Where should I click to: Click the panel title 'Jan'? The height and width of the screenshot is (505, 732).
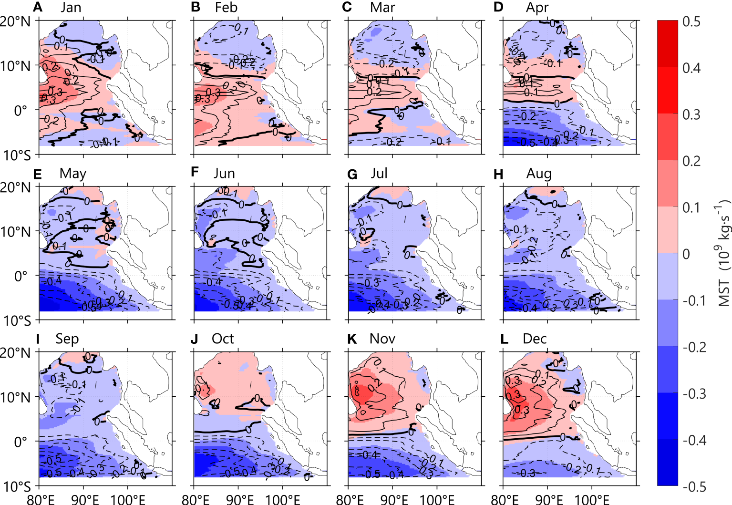coord(71,8)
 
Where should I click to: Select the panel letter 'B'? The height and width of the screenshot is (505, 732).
coord(195,8)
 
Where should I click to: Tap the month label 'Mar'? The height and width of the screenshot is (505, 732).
coord(382,8)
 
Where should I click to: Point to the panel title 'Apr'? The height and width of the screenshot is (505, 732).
coord(537,8)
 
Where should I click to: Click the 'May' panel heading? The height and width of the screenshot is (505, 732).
coord(72,173)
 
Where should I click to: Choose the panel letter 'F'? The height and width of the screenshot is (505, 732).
coord(195,173)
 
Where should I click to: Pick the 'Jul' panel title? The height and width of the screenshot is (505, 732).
coord(379,173)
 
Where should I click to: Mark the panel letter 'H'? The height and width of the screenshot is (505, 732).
coord(498,174)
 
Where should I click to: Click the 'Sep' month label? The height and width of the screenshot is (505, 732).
coord(67,339)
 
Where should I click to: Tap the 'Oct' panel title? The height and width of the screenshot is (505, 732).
coord(223,339)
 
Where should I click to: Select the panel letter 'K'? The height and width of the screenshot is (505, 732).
coord(352,339)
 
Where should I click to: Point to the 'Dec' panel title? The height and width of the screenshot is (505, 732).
coord(535,339)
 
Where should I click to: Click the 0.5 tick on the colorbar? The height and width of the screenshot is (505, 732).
coord(691,22)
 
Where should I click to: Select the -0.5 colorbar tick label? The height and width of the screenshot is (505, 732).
coord(694,487)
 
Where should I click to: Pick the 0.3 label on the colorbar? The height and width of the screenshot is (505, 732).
coord(691,115)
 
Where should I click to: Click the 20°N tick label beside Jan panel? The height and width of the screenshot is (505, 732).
coord(15,21)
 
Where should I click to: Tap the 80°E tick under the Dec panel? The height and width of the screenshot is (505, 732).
coord(504,499)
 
